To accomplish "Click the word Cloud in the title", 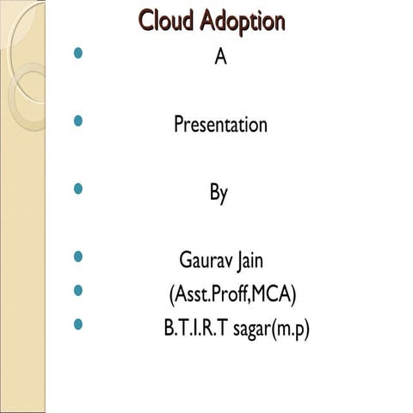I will point(168,21).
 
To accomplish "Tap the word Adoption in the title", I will point(242,22).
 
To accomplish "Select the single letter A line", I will point(219,59).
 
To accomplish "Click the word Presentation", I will point(220,126).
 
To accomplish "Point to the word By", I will point(219,193).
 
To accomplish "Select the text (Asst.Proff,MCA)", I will point(232,295).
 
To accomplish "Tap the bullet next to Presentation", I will point(80,121).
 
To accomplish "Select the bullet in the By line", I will point(80,188).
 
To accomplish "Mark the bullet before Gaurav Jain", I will point(80,256).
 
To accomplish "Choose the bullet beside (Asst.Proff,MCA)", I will point(80,291).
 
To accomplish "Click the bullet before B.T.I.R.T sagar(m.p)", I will point(80,325).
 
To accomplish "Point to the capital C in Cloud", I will point(146,21).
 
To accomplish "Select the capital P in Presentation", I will point(179,126).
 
